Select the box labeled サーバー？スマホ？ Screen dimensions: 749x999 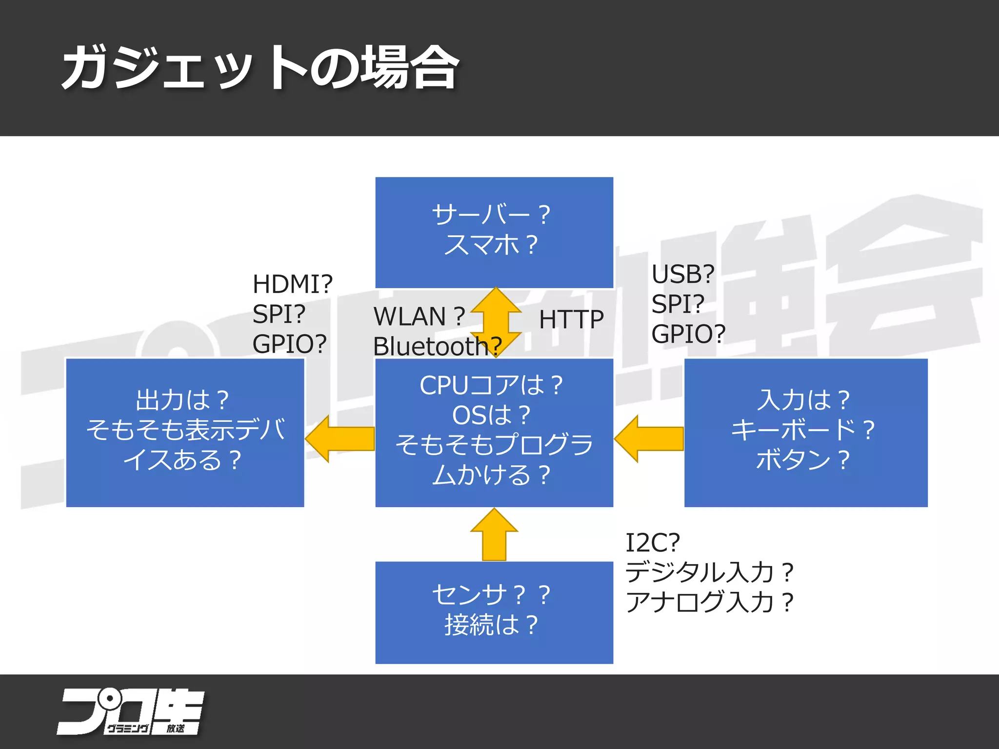point(494,232)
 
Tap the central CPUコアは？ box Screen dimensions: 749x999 point(494,432)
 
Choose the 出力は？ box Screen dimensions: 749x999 point(185,432)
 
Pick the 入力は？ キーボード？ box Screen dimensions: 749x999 point(805,432)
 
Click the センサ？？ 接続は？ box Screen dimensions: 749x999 point(494,612)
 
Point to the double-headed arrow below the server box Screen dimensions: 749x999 point(496,322)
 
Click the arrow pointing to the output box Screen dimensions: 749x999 point(340,438)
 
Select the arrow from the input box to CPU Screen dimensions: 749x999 point(649,438)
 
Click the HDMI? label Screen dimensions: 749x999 point(292,284)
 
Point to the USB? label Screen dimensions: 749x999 point(683,274)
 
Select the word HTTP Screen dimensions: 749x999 point(571,320)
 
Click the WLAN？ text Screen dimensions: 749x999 point(419,316)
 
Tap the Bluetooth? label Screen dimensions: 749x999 point(437,347)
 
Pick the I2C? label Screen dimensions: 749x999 point(653,542)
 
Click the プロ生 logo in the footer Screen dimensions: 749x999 point(130,711)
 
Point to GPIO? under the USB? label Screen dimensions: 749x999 point(688,334)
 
